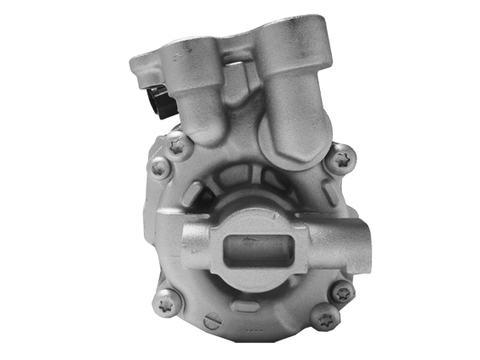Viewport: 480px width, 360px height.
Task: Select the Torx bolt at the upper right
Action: click(343, 157)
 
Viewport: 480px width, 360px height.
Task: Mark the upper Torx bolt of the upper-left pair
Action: click(177, 146)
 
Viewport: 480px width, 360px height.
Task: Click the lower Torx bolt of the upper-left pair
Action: click(158, 169)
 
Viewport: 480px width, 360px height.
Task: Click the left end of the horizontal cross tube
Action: click(190, 242)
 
